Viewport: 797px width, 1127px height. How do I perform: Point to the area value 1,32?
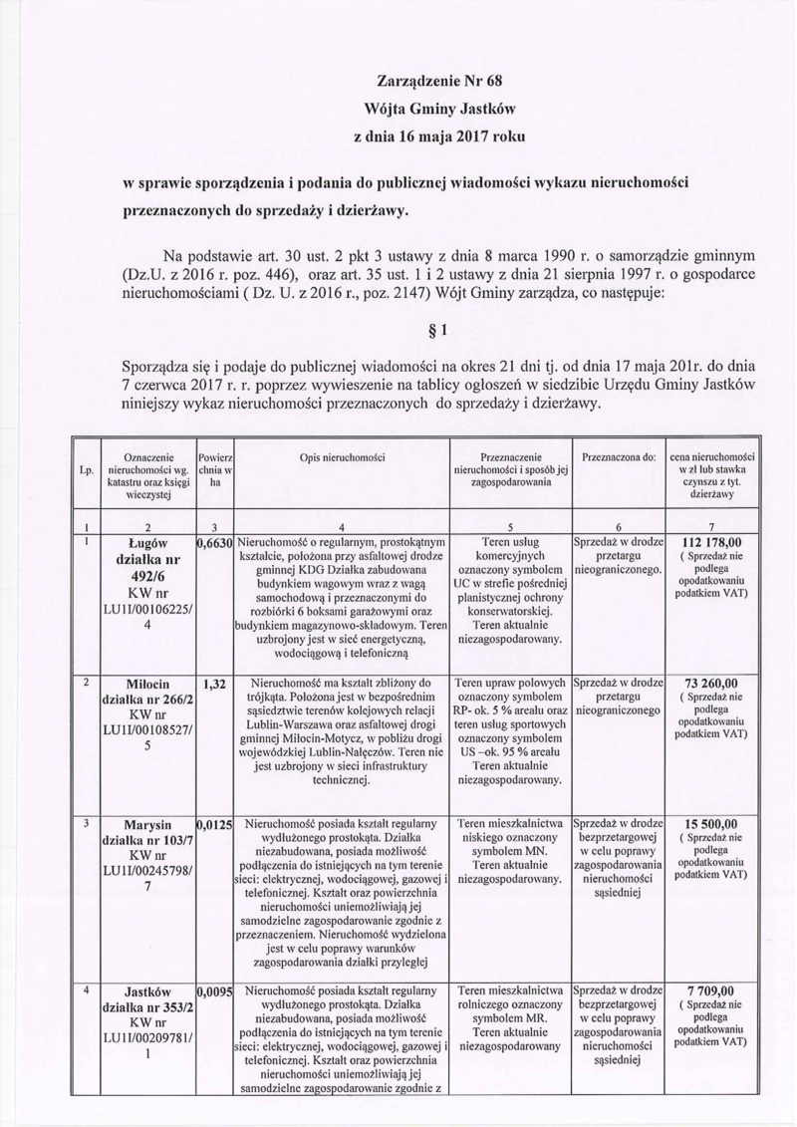coord(214,685)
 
